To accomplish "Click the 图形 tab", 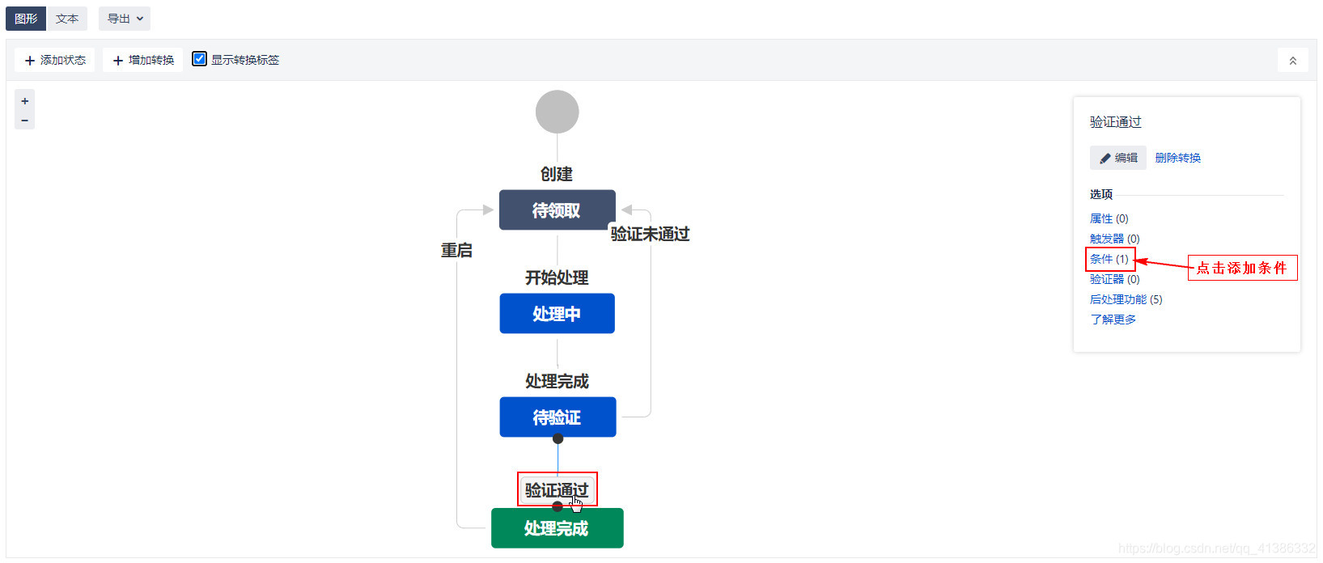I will pos(26,19).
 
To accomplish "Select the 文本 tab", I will pos(67,19).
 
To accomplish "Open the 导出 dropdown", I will pos(125,19).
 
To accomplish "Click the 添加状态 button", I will pos(55,60).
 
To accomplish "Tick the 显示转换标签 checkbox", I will pos(200,59).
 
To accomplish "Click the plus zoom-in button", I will pos(25,101).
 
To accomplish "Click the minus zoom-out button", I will pos(25,121).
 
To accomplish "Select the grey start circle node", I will pos(557,112).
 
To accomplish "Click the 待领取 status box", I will pos(557,210).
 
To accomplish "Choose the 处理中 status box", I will pos(557,314).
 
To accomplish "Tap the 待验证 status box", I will pos(557,417).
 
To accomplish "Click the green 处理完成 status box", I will pos(557,528).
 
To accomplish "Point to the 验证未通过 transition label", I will pos(650,234).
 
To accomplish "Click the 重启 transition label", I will pos(456,251).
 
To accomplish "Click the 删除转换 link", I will pos(1177,158).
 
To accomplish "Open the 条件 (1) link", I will pos(1109,259).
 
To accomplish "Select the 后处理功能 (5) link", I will pos(1126,299).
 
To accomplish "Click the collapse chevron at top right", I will pos(1292,61).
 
